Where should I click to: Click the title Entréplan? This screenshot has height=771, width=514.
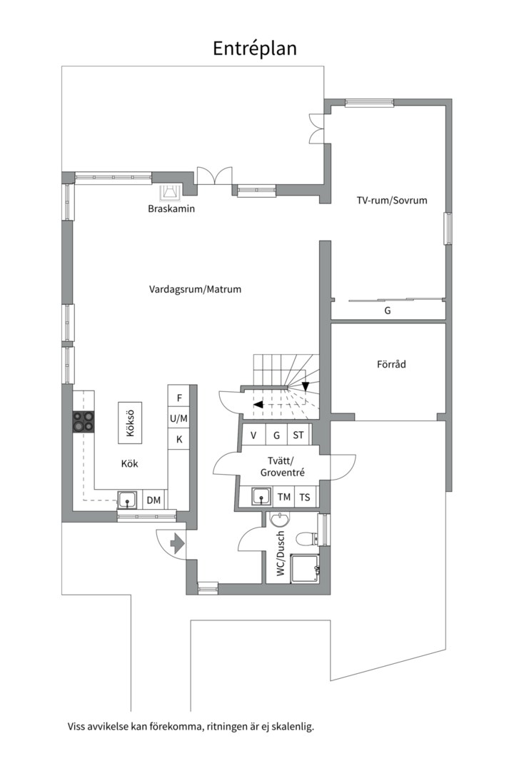[255, 48]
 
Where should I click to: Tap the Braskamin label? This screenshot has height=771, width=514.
[171, 209]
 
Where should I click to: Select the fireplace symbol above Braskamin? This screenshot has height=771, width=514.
[170, 191]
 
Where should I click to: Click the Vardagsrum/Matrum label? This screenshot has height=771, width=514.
[195, 290]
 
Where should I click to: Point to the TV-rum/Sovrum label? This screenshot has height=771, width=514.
[392, 201]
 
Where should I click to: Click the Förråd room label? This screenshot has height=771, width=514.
[391, 364]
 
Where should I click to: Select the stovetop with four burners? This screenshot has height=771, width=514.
[84, 422]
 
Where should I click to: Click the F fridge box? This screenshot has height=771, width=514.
[179, 397]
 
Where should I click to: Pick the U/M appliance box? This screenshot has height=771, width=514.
[179, 418]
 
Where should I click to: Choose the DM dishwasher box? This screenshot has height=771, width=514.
[153, 500]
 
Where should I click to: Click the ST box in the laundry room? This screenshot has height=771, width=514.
[298, 435]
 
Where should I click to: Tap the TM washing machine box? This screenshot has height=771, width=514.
[284, 498]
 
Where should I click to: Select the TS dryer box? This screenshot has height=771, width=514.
[306, 498]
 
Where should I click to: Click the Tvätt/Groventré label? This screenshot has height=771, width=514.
[272, 466]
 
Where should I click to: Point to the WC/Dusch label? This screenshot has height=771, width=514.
[281, 553]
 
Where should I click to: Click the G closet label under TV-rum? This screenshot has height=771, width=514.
[388, 311]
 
